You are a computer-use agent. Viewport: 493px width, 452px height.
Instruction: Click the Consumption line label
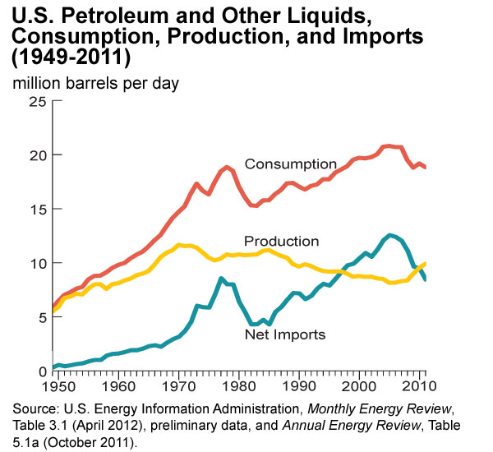tap(291, 164)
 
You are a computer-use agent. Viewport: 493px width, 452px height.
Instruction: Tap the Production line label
tap(281, 242)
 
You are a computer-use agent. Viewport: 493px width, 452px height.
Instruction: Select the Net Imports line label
tap(285, 334)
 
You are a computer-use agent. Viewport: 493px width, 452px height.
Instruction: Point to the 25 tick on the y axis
tap(37, 101)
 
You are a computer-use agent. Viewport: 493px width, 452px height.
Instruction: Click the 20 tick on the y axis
tap(37, 155)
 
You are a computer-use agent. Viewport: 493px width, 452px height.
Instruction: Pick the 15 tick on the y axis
tap(37, 210)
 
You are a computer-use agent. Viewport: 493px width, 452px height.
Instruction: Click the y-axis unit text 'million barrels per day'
tap(94, 83)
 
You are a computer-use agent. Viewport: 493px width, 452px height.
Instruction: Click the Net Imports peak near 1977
tap(220, 279)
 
